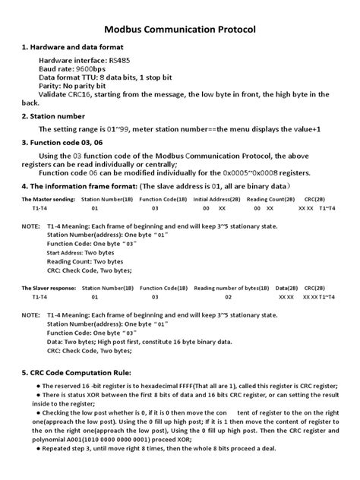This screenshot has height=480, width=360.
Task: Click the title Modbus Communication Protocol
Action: [180, 30]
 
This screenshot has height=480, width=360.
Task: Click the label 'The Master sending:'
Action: [46, 197]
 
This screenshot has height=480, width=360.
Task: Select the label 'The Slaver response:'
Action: [46, 288]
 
